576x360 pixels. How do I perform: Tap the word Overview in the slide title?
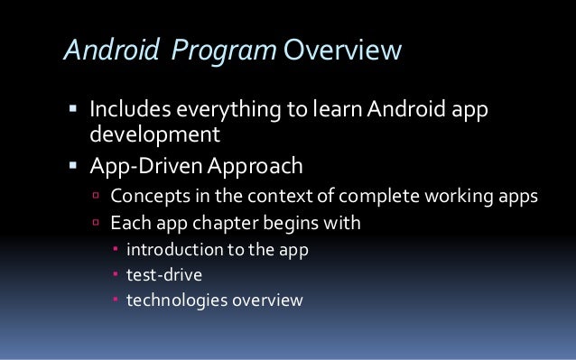[339, 51]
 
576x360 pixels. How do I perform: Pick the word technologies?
[174, 300]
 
